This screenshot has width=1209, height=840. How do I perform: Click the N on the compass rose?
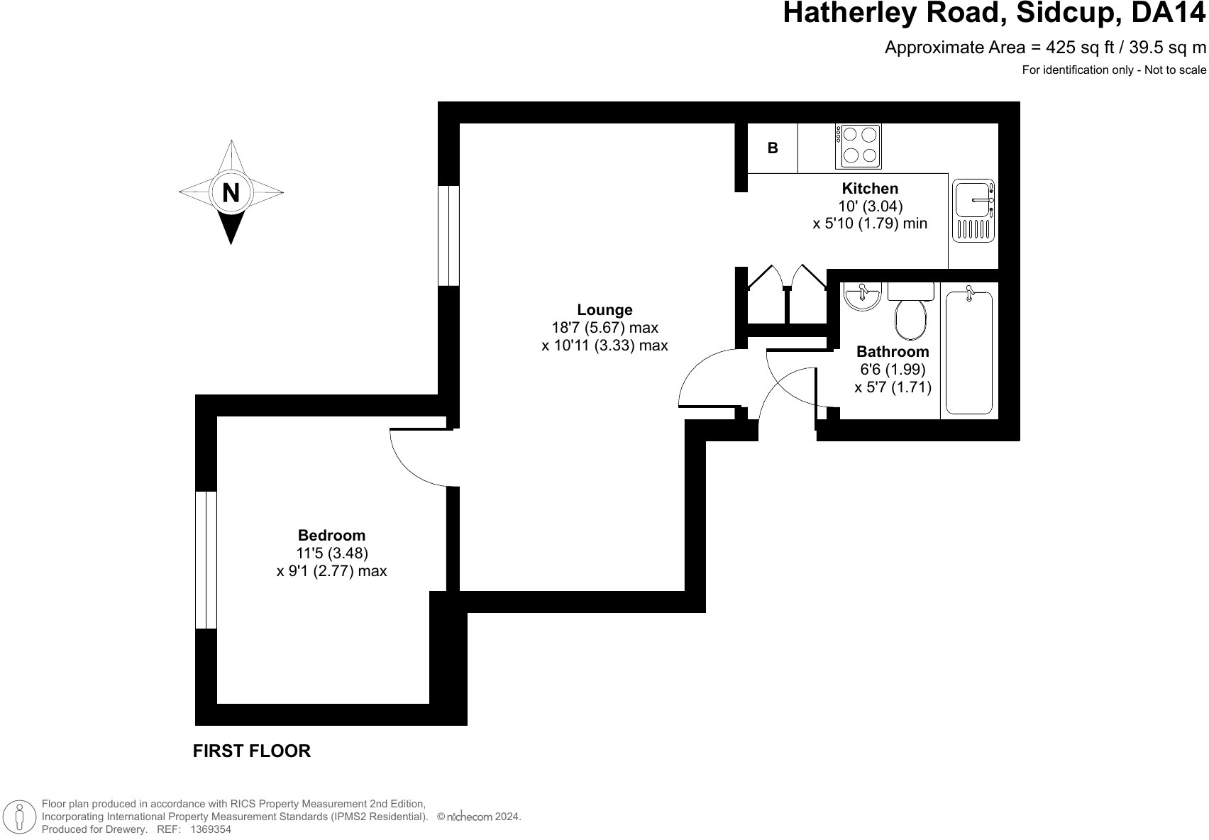pos(231,192)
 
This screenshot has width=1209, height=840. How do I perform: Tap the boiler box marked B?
pos(773,148)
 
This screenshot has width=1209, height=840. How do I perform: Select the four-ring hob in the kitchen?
pos(859,146)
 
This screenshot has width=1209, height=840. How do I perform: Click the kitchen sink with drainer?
pos(974,209)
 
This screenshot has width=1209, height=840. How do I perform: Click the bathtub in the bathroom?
pos(968,352)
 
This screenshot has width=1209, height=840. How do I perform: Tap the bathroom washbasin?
pos(863,295)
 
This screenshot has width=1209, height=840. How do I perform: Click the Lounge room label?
pos(604,310)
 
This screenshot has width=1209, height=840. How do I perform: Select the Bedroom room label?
pos(331,536)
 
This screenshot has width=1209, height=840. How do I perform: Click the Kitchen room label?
pos(870,189)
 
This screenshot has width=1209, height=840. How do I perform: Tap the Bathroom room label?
pos(893,352)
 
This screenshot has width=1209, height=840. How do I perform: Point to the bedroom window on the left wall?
pos(206,560)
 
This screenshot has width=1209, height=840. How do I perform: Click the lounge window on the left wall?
pos(448,236)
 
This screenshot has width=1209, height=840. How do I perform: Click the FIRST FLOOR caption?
pos(252,751)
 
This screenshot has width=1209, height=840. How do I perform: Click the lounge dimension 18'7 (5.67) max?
pos(604,328)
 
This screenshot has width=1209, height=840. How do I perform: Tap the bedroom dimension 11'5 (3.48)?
pos(331,553)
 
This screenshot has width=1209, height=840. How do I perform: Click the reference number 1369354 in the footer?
pos(210,829)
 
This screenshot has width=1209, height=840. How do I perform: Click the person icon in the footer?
pos(21,817)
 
